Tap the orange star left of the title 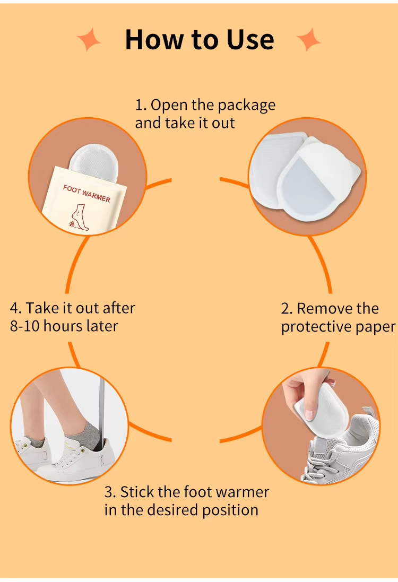click(89, 39)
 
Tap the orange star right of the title click(308, 39)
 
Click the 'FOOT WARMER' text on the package click(87, 194)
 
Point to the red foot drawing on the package click(79, 217)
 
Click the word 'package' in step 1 click(247, 106)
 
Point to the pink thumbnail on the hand click(308, 414)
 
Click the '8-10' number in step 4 click(24, 326)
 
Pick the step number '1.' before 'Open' click(141, 105)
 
